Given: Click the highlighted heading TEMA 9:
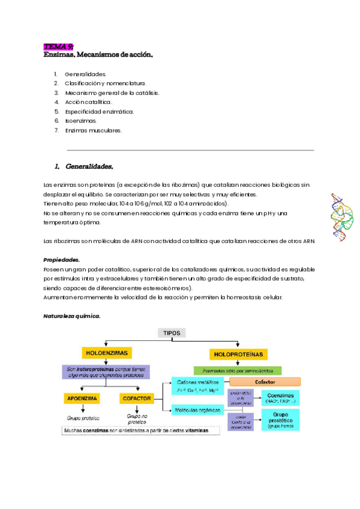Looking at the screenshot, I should click(58, 46).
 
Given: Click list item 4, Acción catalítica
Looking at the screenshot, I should click(88, 102).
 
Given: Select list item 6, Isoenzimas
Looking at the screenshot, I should click(80, 121).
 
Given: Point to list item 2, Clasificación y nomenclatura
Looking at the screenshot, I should click(105, 83).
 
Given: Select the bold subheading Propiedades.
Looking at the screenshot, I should click(62, 260).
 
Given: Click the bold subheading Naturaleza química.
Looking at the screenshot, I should click(72, 315).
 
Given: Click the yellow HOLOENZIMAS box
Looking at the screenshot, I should click(107, 353).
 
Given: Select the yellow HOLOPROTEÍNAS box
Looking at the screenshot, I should click(239, 354).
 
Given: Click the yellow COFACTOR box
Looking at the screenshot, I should click(137, 398).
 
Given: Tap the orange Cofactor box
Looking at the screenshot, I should click(265, 381).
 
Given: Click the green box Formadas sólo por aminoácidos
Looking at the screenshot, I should click(237, 370).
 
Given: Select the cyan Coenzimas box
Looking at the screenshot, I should click(280, 397).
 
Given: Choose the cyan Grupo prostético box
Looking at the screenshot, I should click(280, 419).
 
